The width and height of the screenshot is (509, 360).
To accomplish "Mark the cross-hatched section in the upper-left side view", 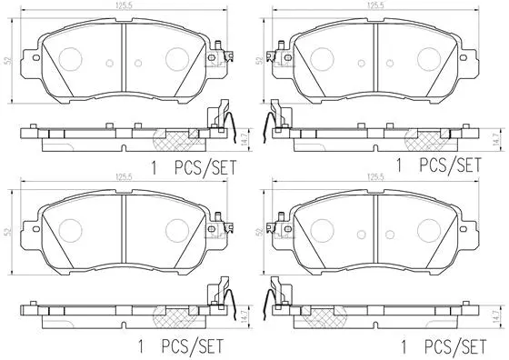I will [x=174, y=139].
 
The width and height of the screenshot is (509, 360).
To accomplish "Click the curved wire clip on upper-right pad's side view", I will [x=270, y=118].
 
